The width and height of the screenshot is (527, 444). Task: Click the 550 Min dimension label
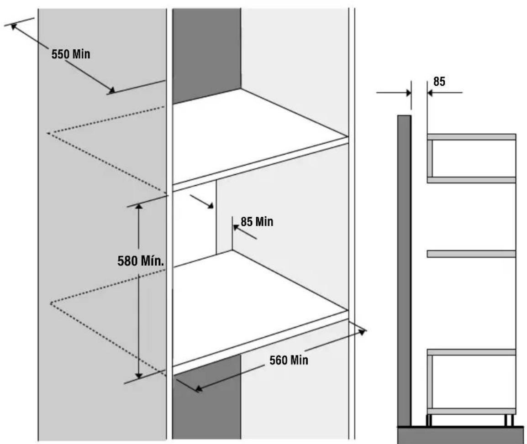click(71, 54)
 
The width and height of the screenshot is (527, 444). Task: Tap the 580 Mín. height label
click(141, 261)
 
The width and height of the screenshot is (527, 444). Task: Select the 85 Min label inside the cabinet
click(257, 222)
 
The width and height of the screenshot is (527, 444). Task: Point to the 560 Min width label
click(289, 360)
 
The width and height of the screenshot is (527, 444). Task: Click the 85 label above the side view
click(439, 81)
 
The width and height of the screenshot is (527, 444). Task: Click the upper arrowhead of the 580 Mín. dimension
click(139, 206)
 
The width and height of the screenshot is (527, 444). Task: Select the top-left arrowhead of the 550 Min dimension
click(14, 26)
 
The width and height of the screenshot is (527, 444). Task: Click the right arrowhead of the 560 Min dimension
click(362, 332)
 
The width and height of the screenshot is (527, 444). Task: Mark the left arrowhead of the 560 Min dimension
click(199, 389)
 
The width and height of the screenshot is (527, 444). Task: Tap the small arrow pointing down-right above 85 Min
click(201, 202)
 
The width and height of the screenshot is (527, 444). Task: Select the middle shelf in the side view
click(471, 254)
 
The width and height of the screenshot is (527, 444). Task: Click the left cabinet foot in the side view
click(429, 420)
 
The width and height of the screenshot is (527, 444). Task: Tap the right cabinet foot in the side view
click(509, 420)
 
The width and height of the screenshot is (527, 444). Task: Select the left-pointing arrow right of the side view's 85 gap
click(445, 92)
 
